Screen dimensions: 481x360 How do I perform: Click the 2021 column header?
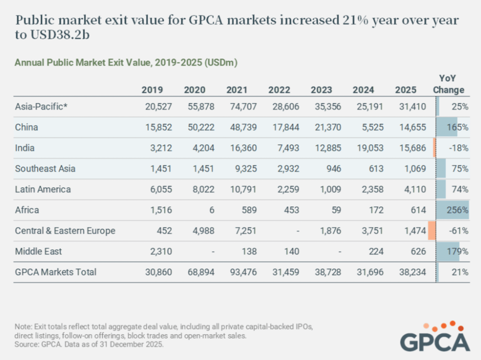pyautogui.click(x=236, y=90)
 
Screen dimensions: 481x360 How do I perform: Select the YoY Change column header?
pyautogui.click(x=448, y=84)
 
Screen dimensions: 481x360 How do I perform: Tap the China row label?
pyautogui.click(x=27, y=127)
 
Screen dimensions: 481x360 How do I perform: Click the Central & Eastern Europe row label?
pyautogui.click(x=65, y=231)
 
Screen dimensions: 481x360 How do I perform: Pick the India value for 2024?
pyautogui.click(x=370, y=148)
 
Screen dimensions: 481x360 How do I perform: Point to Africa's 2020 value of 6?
pyautogui.click(x=211, y=210)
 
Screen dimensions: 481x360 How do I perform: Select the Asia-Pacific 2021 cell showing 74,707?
pyautogui.click(x=243, y=107)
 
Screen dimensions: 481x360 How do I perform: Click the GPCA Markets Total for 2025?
pyautogui.click(x=412, y=272)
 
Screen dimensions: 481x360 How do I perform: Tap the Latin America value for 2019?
pyautogui.click(x=161, y=189)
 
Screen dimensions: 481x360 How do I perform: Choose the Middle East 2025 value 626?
pyautogui.click(x=418, y=251)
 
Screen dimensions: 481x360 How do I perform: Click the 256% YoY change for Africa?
pyautogui.click(x=457, y=210)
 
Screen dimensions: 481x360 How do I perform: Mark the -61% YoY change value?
pyautogui.click(x=459, y=231)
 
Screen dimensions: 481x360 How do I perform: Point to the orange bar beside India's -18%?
pyautogui.click(x=435, y=148)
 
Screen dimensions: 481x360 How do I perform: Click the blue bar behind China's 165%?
pyautogui.click(x=447, y=127)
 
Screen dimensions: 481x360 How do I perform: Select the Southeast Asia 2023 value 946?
pyautogui.click(x=333, y=168)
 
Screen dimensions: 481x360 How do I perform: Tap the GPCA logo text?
pyautogui.click(x=435, y=341)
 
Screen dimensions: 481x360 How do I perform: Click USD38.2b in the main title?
pyautogui.click(x=60, y=35)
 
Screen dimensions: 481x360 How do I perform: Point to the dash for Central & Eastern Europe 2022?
pyautogui.click(x=298, y=231)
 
